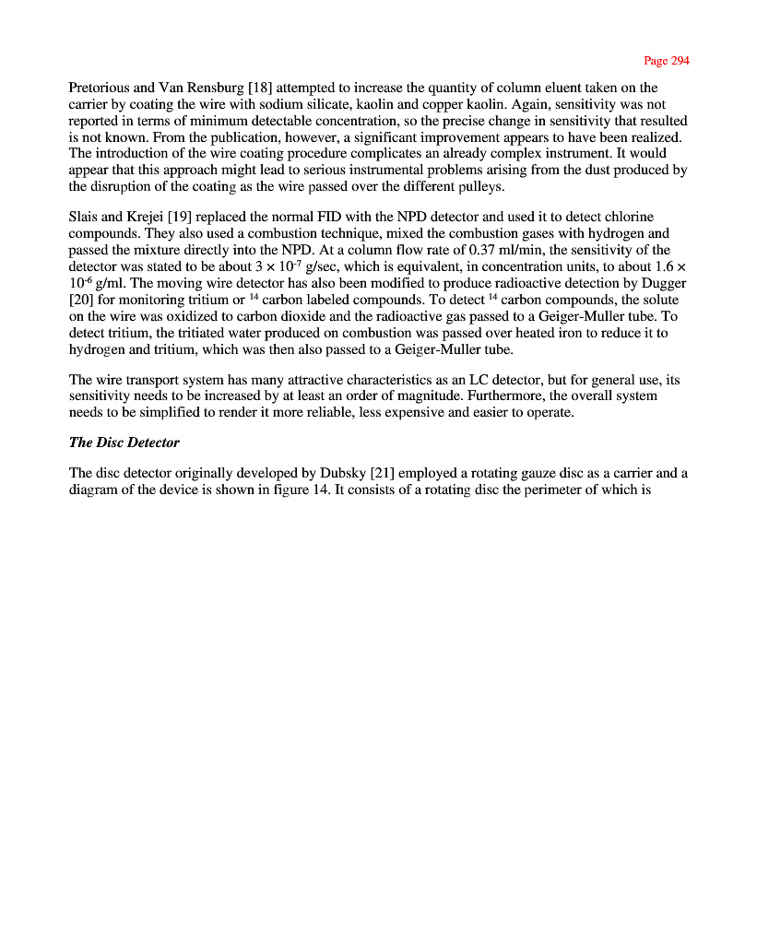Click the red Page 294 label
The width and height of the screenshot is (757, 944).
pos(666,61)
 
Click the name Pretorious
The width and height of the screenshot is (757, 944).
pos(99,88)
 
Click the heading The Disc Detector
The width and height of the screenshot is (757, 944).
pos(124,442)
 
